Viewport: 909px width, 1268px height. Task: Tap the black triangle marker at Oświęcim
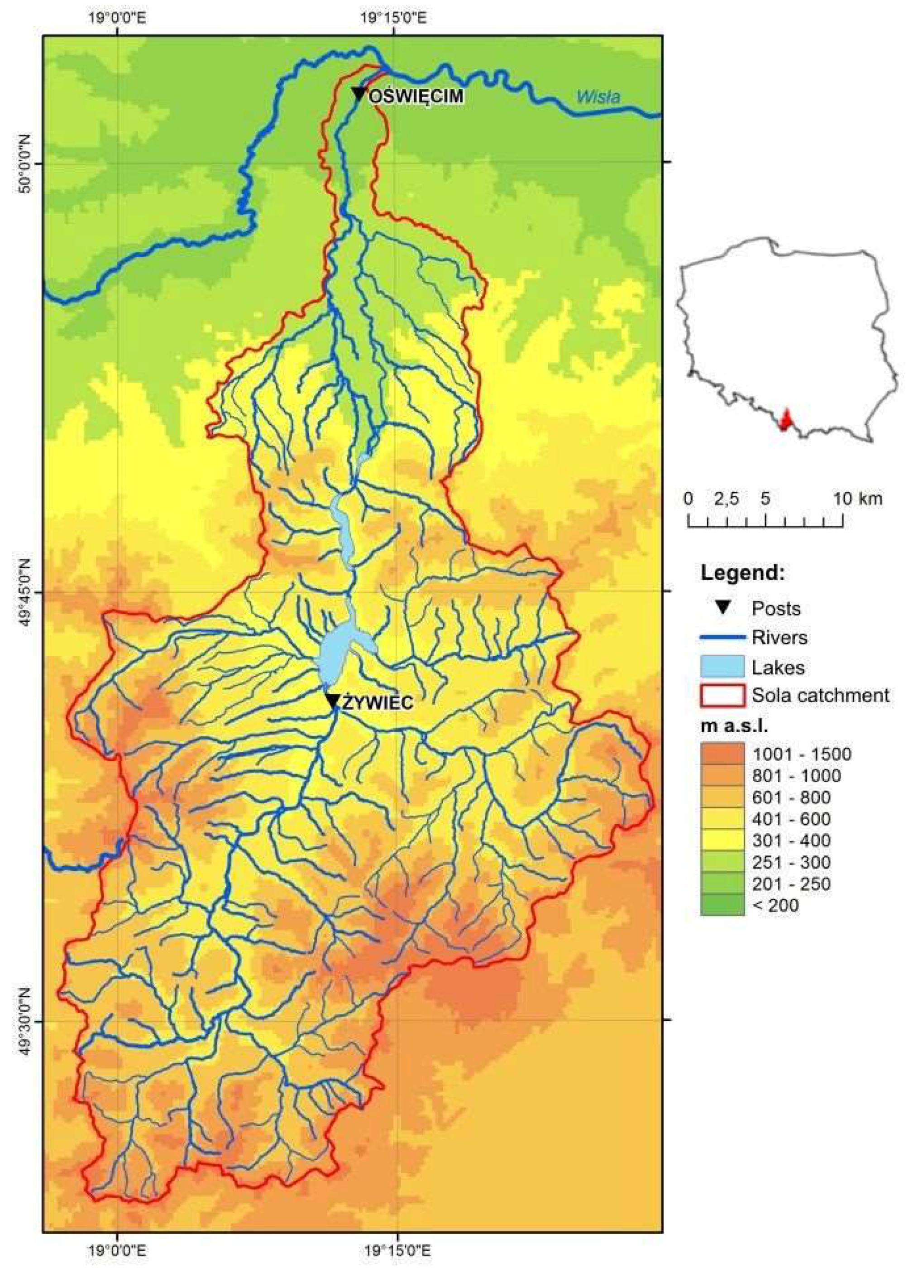tap(359, 93)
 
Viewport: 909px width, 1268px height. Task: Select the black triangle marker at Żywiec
tap(333, 701)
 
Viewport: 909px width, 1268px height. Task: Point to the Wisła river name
tap(598, 97)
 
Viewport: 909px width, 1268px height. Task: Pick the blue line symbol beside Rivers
tap(722, 637)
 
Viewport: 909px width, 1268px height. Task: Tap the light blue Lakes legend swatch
tap(722, 667)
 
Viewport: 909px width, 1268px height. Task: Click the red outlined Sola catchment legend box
tap(722, 696)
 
